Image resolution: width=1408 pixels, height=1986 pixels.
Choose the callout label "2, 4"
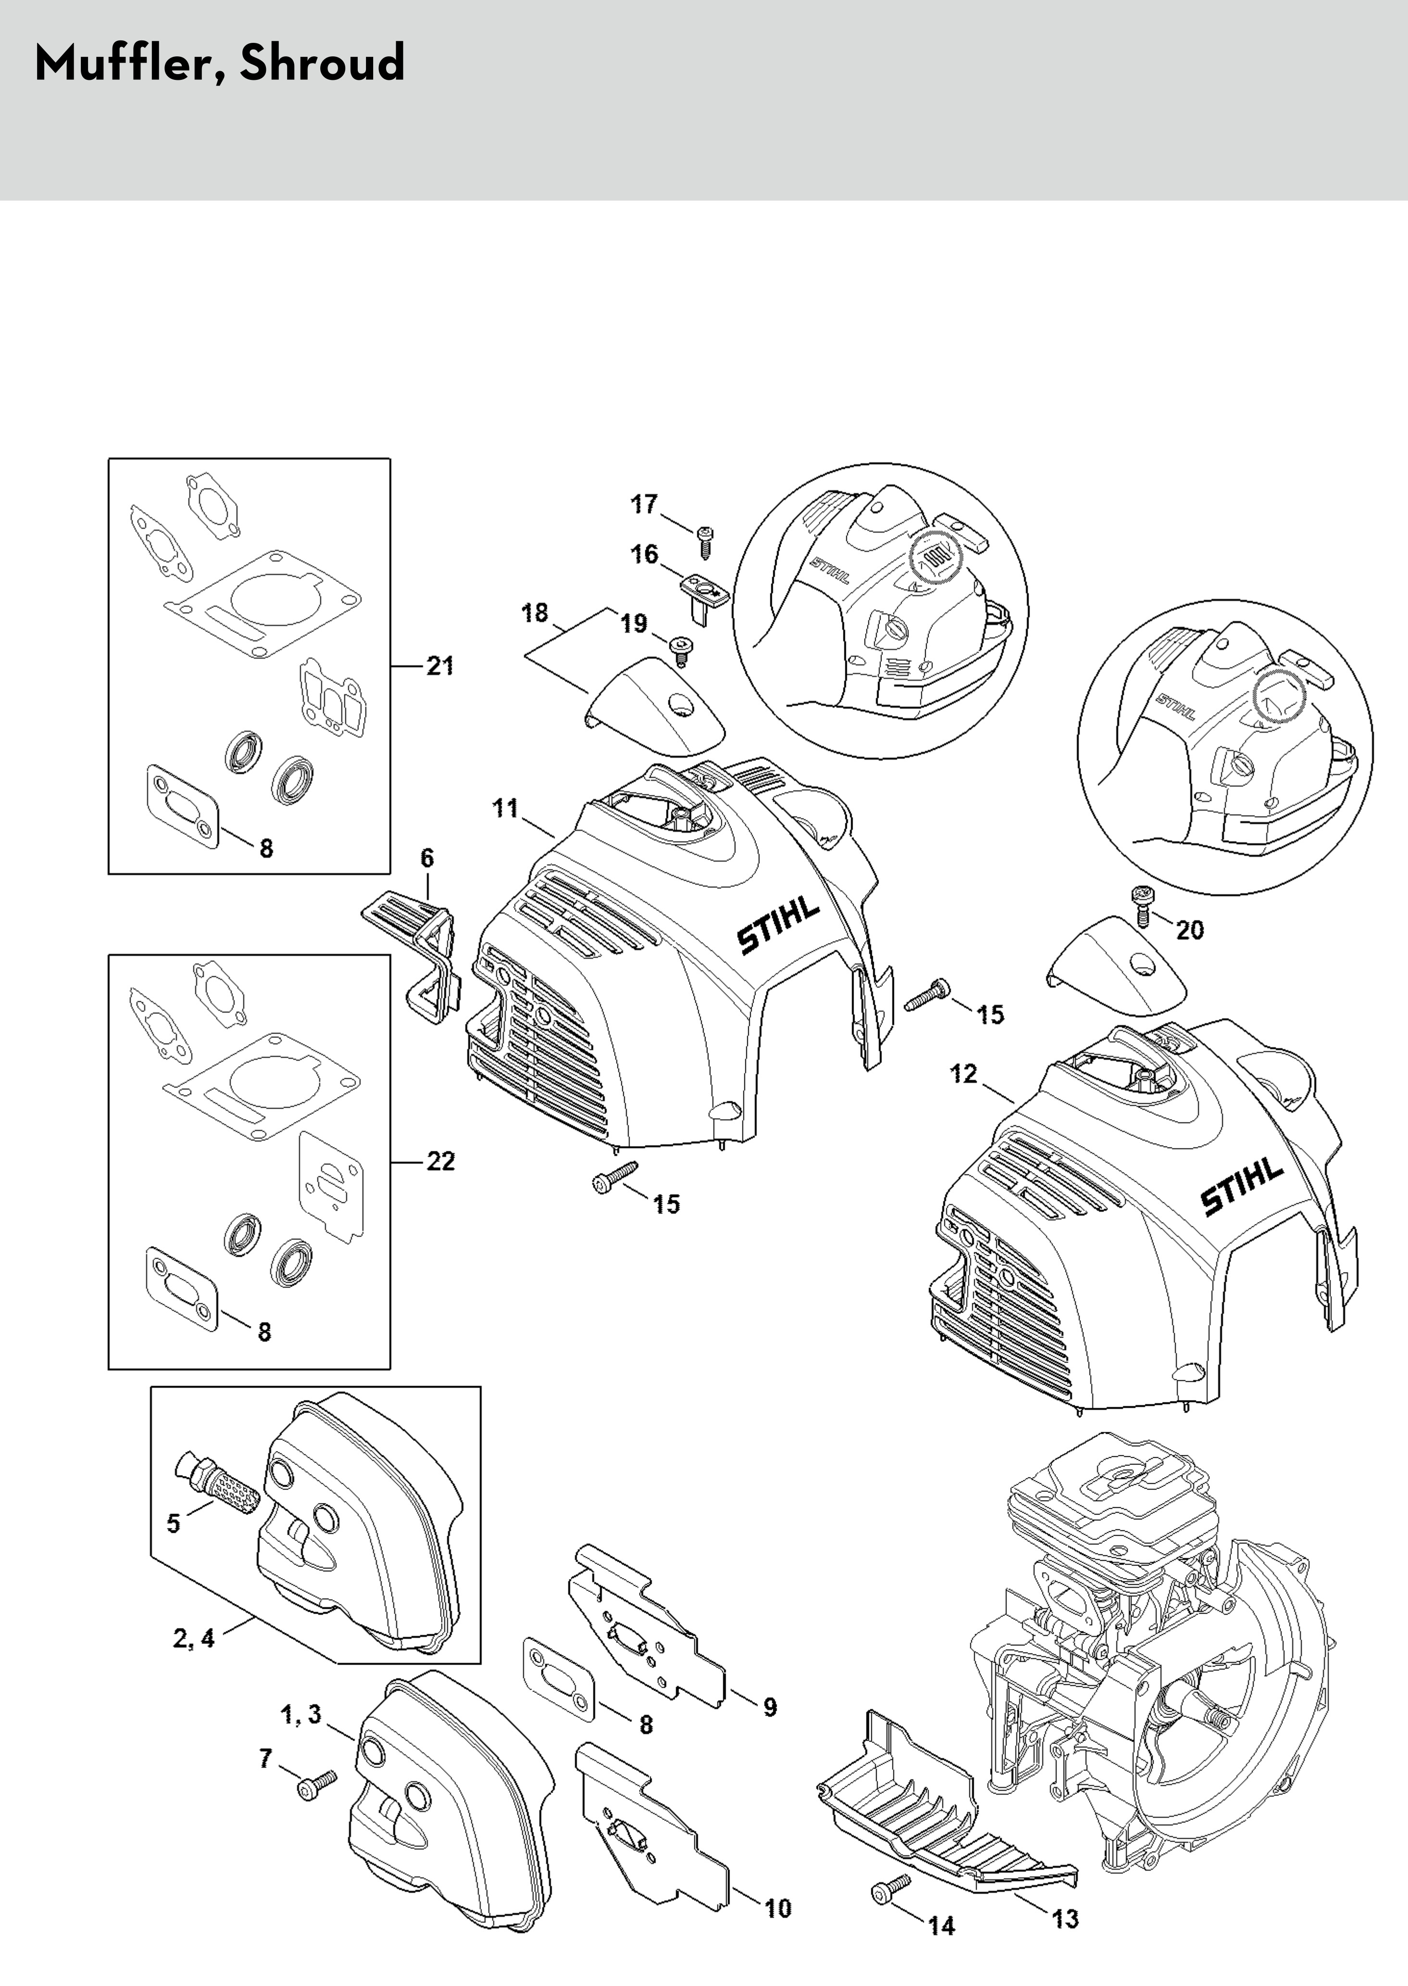tap(193, 1637)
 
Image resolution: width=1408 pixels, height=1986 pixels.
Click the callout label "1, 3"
tap(301, 1715)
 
